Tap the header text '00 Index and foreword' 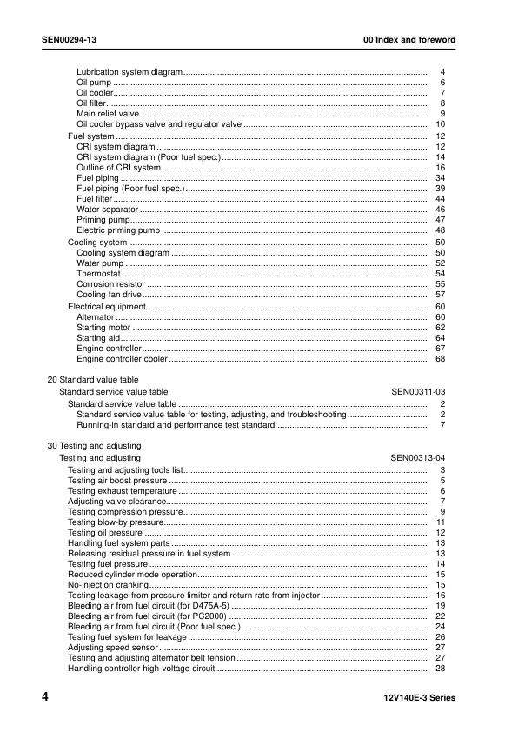tap(408, 40)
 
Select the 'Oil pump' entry tap(94, 83)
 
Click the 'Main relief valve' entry tap(107, 114)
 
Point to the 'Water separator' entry tap(108, 210)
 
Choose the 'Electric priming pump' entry tap(118, 230)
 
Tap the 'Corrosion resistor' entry tap(111, 284)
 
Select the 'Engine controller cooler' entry tap(122, 358)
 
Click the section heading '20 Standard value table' tap(92, 380)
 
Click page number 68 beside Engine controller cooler tap(440, 358)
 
